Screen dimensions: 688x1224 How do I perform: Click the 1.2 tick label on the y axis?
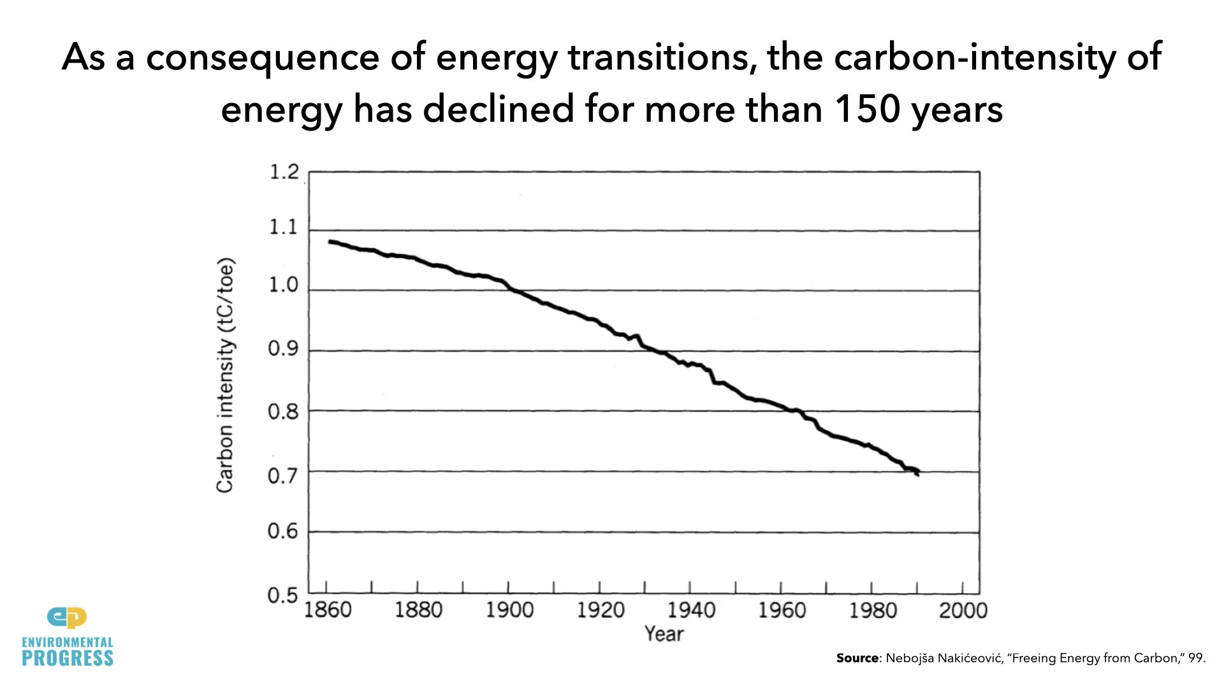click(284, 172)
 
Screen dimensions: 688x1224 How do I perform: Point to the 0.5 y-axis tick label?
click(282, 596)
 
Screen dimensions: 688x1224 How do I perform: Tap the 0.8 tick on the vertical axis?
click(283, 412)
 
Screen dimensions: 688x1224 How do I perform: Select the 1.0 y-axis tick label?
click(283, 285)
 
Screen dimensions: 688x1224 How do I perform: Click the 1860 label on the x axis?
click(328, 610)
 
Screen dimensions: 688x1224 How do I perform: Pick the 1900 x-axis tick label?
click(509, 610)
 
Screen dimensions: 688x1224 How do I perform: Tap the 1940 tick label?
click(691, 610)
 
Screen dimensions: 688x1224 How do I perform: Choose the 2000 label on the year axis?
click(963, 610)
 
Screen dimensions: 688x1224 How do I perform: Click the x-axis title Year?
click(664, 634)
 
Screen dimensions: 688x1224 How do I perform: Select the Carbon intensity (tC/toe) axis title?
click(225, 375)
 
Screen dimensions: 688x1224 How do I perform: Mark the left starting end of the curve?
click(330, 241)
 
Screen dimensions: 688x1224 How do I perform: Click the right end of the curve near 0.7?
click(917, 473)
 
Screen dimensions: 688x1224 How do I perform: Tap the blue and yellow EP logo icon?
click(67, 617)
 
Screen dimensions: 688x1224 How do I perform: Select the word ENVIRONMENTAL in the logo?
click(68, 642)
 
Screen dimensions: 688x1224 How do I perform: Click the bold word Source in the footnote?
click(857, 658)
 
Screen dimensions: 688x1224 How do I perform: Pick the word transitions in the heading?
click(662, 57)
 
